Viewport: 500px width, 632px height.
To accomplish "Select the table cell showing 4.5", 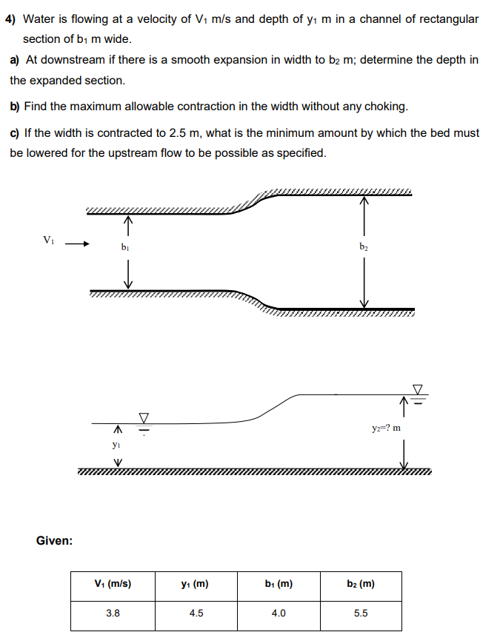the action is (196, 613).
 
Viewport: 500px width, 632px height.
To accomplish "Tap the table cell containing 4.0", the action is (279, 613).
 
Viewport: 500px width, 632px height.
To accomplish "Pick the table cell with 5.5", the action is (361, 613).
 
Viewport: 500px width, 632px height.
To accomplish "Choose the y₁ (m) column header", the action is (196, 584).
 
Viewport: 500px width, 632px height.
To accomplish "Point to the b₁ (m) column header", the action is (279, 584).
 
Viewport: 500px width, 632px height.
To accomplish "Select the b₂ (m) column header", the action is (361, 584).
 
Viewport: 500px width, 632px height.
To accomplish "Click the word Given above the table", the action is (54, 541).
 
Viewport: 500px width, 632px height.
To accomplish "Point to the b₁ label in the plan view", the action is (126, 247).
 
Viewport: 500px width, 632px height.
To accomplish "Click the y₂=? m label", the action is (387, 428).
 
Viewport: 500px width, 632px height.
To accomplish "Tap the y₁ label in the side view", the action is (116, 446).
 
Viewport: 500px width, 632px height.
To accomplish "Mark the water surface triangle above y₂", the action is (419, 389).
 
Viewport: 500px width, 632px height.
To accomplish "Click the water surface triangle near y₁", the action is (144, 418).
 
